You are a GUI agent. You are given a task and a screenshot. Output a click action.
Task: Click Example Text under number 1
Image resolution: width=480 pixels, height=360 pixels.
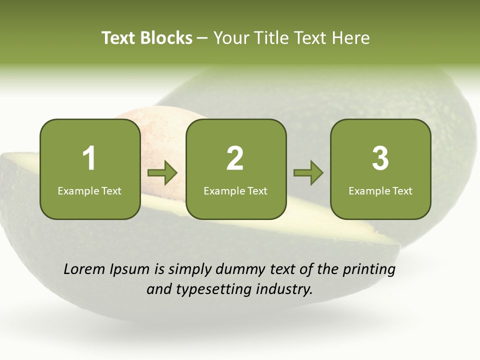(89, 190)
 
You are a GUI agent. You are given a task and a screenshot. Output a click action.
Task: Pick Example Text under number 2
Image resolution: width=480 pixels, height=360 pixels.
(235, 190)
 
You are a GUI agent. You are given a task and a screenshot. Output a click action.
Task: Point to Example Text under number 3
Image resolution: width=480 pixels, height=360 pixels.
(380, 190)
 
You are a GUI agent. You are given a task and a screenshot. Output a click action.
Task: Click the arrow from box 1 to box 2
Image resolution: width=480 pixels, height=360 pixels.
(162, 173)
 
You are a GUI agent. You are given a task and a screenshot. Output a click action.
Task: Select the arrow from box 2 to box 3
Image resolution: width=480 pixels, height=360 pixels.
(308, 173)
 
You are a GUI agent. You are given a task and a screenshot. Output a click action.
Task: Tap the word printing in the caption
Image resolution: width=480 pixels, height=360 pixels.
(369, 269)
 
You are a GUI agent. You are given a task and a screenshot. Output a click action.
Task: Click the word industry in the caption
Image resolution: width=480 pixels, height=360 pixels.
(284, 289)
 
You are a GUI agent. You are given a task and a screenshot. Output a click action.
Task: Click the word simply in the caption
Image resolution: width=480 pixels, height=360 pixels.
(189, 269)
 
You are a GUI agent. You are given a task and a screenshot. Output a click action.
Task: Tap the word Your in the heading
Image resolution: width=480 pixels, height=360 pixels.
(230, 38)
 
